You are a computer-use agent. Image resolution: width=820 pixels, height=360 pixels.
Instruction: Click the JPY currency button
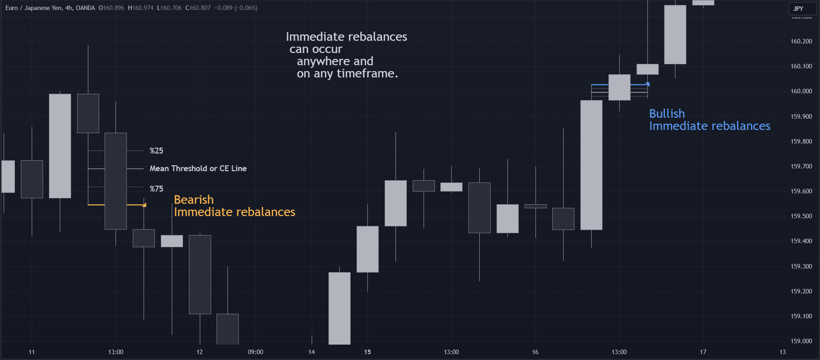click(x=798, y=9)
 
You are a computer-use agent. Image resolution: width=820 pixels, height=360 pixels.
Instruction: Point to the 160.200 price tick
click(x=801, y=41)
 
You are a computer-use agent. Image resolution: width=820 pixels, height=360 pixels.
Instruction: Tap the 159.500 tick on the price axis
click(x=801, y=216)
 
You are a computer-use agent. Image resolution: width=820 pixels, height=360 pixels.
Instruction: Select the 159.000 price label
click(x=801, y=341)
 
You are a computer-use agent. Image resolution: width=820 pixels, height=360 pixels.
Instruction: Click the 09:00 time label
click(x=256, y=352)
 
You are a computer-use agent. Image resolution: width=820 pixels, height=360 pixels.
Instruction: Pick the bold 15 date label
click(x=367, y=352)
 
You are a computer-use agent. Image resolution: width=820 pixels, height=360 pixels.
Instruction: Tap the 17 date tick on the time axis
click(x=703, y=352)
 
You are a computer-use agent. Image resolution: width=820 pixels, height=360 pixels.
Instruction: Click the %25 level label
click(x=156, y=151)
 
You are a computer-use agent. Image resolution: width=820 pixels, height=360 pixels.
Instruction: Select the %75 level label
click(x=156, y=189)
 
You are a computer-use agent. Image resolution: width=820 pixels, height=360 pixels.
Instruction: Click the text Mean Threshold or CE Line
click(x=198, y=168)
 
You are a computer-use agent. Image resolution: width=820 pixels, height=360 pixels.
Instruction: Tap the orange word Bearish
click(x=193, y=200)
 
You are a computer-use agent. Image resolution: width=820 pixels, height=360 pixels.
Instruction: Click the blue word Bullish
click(x=667, y=114)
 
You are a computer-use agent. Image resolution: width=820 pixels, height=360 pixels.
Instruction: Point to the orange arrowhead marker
click(x=144, y=205)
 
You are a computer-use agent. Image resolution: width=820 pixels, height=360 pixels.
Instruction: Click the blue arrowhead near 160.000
click(x=647, y=85)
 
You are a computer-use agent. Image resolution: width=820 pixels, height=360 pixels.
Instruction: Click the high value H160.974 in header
click(x=140, y=8)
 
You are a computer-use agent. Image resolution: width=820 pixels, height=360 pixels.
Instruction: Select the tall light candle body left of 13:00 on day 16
click(x=591, y=165)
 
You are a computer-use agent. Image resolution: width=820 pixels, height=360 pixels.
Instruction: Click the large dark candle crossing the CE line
click(x=116, y=181)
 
